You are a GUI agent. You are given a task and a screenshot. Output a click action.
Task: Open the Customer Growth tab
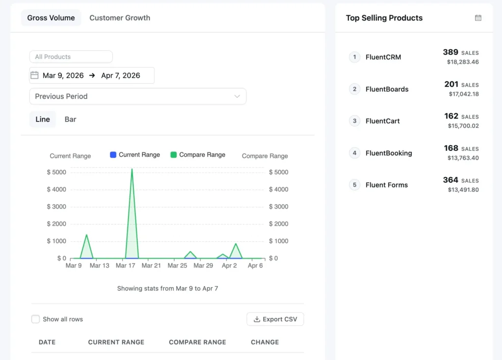point(120,18)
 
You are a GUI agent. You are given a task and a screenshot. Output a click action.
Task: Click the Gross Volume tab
point(51,18)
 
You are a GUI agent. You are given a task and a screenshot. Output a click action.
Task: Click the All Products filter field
point(71,57)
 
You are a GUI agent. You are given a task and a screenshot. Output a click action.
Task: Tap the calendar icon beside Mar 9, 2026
point(34,75)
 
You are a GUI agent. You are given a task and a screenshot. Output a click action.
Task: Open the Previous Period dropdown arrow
point(237,96)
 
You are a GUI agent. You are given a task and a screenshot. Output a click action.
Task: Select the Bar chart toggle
point(70,120)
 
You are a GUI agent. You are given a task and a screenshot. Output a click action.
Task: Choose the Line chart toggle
point(43,120)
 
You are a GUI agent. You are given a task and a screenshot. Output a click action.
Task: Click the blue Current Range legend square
point(113,155)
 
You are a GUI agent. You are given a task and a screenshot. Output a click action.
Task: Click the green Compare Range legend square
point(174,155)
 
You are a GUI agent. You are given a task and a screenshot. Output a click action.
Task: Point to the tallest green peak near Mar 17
point(132,169)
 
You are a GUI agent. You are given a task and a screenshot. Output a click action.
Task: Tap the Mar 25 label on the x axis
point(177,265)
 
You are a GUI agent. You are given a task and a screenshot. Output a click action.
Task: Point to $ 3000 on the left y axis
point(56,207)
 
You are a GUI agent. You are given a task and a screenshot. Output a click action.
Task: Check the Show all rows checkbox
point(35,319)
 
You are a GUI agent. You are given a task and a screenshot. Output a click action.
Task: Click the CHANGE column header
point(265,342)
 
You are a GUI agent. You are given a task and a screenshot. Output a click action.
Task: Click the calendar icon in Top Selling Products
point(478,18)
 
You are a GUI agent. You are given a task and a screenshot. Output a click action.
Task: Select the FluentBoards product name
point(387,89)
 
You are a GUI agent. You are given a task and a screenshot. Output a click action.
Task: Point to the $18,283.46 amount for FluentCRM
point(463,62)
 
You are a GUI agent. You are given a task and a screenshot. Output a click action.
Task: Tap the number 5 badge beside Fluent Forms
point(354,185)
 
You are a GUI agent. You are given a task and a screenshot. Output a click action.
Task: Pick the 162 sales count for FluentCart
point(451,116)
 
